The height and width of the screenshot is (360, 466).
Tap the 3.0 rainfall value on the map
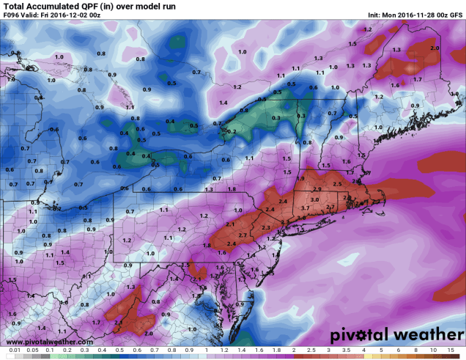pos(314,199)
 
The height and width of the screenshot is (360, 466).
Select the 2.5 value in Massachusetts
pos(337,183)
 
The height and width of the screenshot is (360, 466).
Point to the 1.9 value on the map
pos(300,179)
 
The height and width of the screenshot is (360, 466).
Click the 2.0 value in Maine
pos(434,48)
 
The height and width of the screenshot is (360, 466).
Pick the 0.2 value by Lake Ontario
pos(232,131)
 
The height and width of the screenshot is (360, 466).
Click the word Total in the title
pos(15,6)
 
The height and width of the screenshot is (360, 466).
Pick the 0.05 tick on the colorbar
pos(32,355)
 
